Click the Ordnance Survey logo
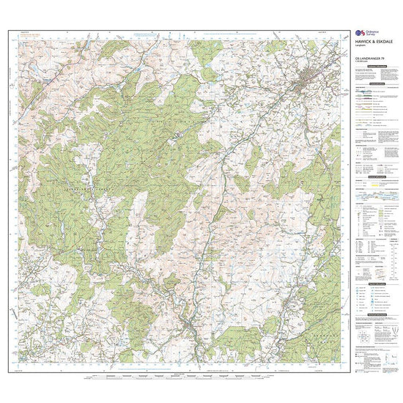point(359,34)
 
